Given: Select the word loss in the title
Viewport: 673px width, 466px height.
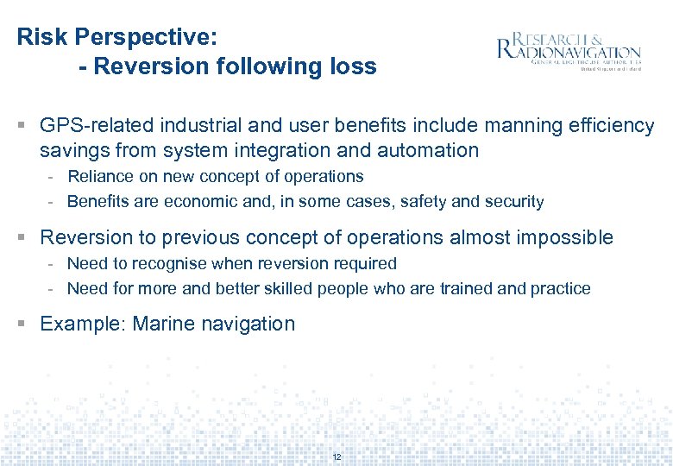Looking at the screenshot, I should point(355,66).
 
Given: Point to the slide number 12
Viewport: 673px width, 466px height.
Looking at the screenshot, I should point(336,457).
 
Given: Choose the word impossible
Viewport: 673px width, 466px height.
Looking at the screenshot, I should point(567,237).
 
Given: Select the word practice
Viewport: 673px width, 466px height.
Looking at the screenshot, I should point(562,289).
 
